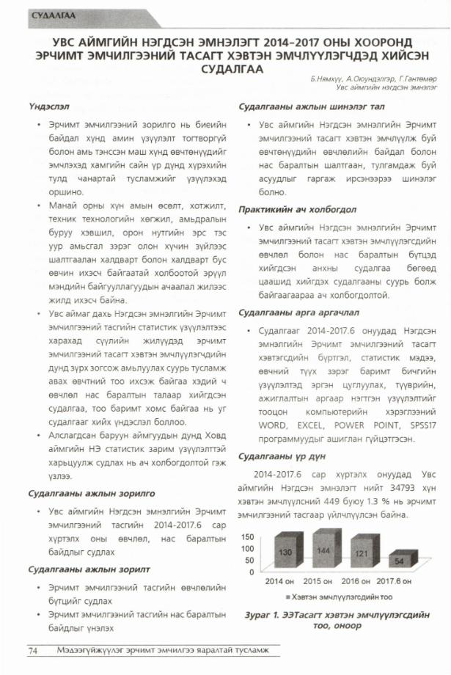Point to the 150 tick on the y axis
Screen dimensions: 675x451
tap(249, 536)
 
